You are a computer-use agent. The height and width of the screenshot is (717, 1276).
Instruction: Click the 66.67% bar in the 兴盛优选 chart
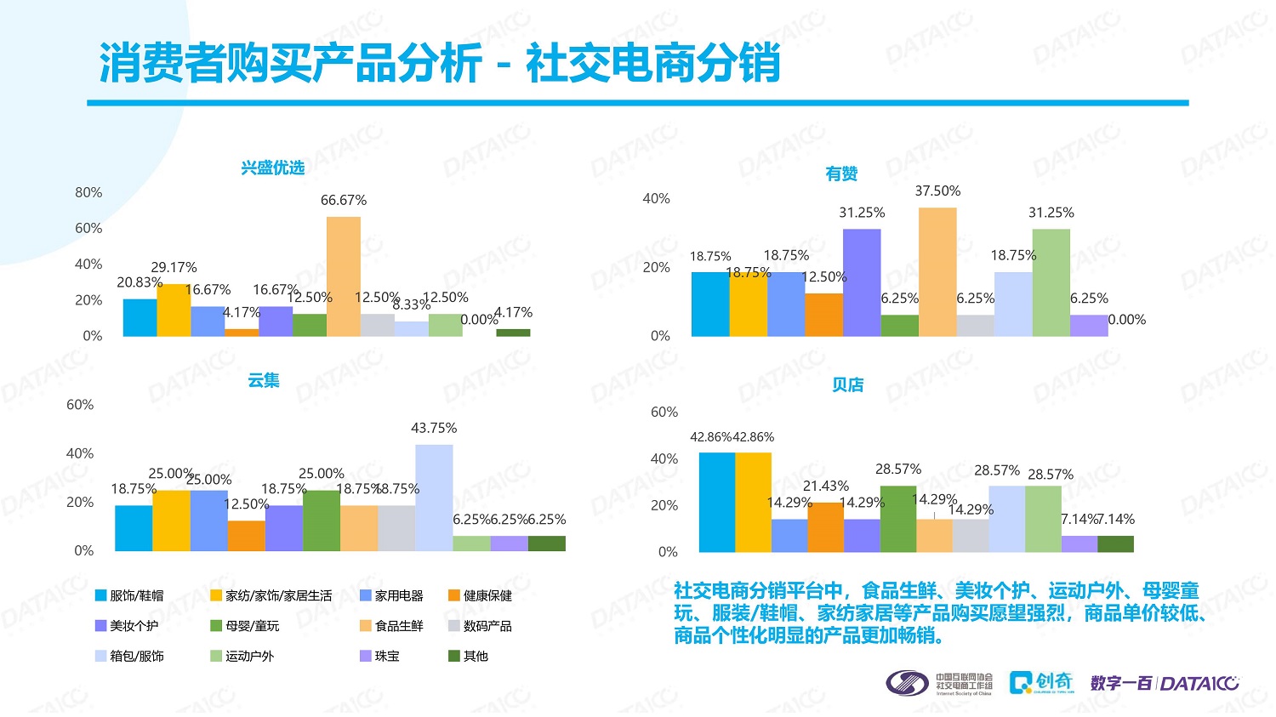coord(344,276)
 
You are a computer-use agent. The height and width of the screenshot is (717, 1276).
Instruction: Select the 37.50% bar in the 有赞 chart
coord(937,272)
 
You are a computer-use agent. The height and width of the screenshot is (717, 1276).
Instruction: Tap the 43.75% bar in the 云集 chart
coord(434,498)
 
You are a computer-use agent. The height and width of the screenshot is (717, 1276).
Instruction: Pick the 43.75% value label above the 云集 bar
coord(434,428)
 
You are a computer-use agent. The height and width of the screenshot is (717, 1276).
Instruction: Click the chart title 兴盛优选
coord(272,168)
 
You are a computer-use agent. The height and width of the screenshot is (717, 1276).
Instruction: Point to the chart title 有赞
coord(841,174)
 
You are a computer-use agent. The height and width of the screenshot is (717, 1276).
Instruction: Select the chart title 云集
coord(264,380)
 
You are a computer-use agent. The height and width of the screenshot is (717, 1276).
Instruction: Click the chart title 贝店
coord(847,385)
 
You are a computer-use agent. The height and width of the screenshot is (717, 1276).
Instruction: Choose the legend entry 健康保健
coord(480,595)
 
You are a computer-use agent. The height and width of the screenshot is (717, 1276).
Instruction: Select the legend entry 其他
coord(469,656)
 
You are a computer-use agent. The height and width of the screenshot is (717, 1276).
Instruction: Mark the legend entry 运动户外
coord(242,656)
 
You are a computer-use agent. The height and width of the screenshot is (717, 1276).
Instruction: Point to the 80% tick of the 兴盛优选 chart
coord(88,192)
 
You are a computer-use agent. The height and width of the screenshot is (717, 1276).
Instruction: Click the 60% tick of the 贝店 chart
coord(664,413)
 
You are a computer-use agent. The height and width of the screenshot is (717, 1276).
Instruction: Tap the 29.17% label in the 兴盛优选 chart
coord(174,268)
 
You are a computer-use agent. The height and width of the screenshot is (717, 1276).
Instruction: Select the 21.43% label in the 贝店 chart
coord(826,486)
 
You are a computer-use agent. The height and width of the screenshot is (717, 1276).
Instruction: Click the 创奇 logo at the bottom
coord(1041,682)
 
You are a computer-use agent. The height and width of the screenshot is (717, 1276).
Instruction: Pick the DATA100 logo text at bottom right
coord(1199,683)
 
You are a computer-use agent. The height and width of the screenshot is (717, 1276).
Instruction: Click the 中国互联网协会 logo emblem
coord(907,683)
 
